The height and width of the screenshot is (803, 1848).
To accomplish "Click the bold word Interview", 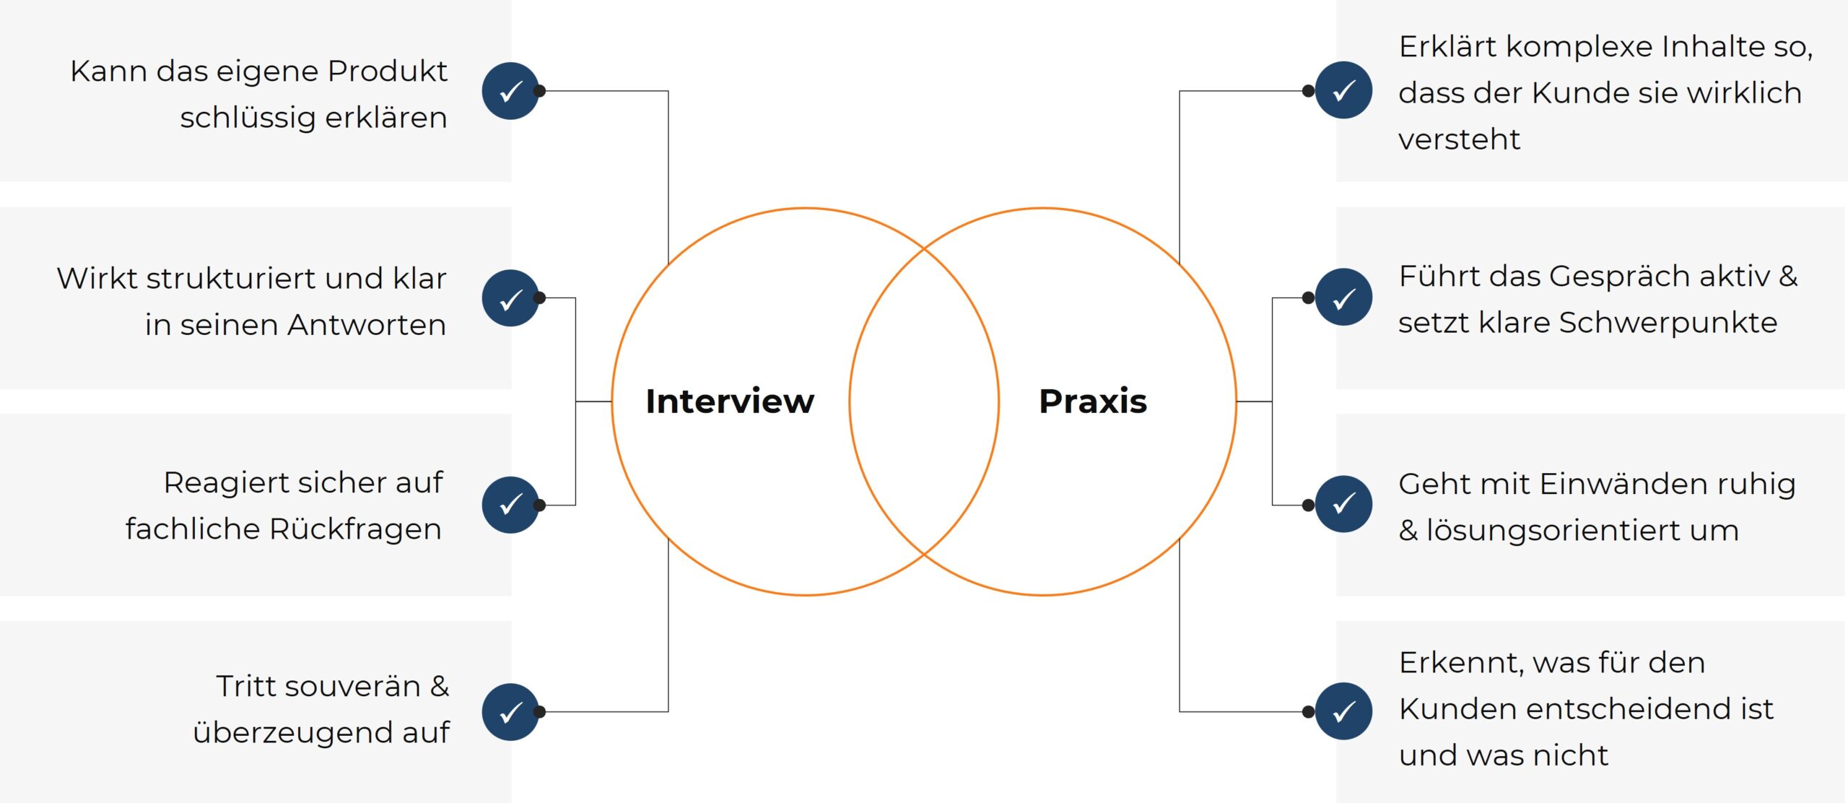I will click(x=729, y=401).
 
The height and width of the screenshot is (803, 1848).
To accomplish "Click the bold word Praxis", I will click(x=1092, y=401).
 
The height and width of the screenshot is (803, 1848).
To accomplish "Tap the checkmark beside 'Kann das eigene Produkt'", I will click(x=510, y=91).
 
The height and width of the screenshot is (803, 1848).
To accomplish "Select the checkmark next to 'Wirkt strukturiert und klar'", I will click(x=510, y=298).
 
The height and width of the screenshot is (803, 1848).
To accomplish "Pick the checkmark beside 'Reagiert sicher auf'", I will click(x=510, y=505).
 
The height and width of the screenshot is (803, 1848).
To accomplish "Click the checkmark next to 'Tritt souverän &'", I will click(x=510, y=712).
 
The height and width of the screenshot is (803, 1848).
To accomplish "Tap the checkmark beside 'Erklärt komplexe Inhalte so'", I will click(x=1343, y=91).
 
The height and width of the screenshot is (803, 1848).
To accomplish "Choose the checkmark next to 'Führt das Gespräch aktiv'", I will click(x=1343, y=298).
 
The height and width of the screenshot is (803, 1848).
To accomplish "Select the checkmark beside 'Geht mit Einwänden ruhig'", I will click(x=1343, y=504).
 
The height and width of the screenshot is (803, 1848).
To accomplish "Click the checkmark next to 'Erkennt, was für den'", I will click(x=1343, y=711).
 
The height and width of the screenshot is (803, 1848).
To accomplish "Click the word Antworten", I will click(x=367, y=325).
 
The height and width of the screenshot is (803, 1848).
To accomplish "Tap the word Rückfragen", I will click(x=355, y=529).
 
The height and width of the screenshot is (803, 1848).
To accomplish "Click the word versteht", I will click(x=1459, y=139).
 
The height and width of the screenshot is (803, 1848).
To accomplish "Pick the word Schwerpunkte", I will click(x=1668, y=323).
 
